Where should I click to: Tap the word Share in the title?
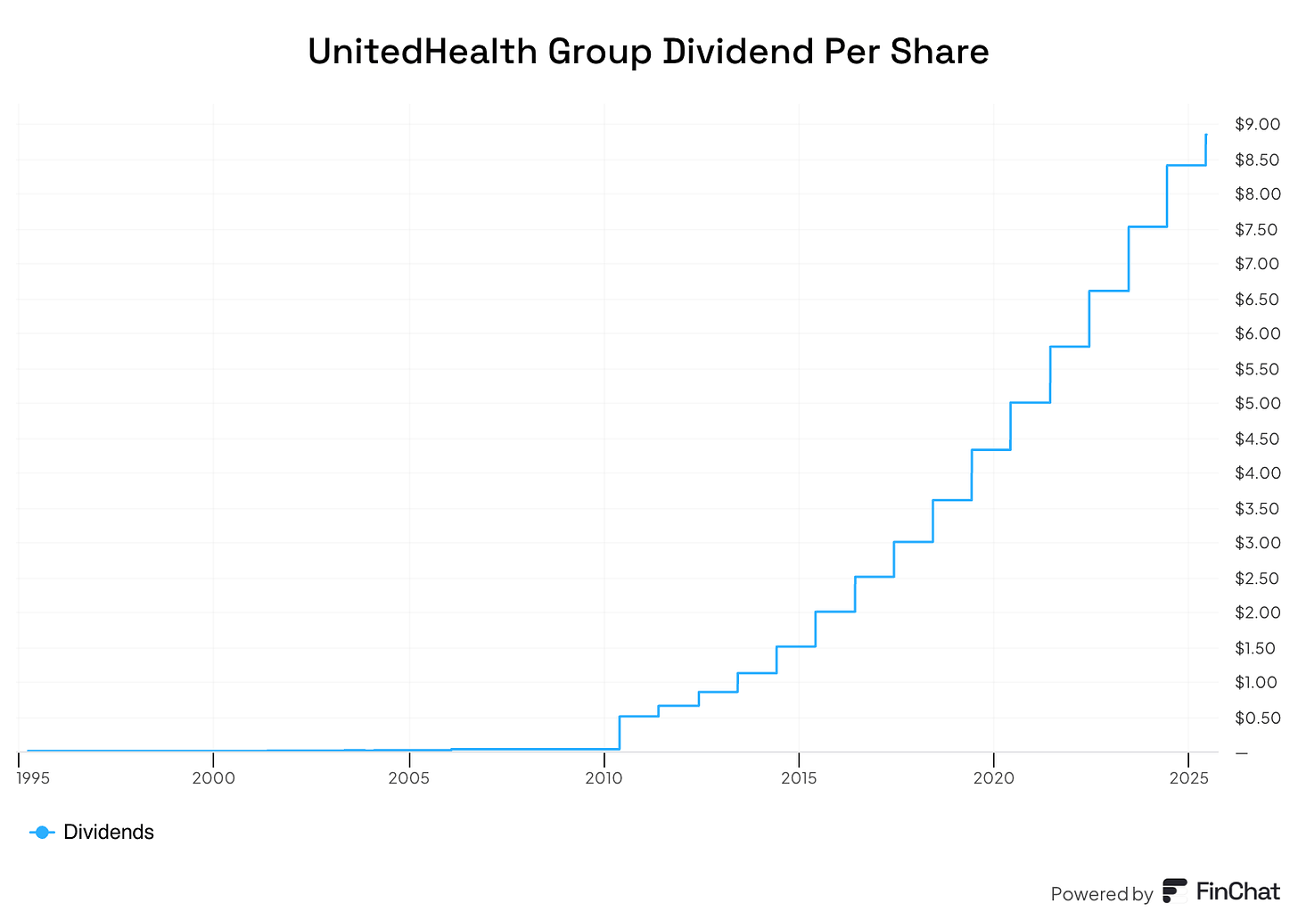[950, 52]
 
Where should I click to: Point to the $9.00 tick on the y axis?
[1257, 125]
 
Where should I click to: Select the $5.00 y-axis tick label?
[1257, 404]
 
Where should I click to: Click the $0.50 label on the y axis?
[1257, 718]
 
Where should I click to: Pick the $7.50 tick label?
[1257, 230]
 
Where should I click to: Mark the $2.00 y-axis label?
[1257, 613]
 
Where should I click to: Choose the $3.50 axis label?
[1257, 509]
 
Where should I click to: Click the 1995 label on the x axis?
[34, 778]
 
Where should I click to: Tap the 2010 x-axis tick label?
[604, 778]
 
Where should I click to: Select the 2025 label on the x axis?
[1188, 778]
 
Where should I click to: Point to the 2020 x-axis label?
[994, 778]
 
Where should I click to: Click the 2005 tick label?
[409, 778]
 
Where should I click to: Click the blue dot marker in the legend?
[41, 832]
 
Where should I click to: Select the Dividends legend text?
[109, 832]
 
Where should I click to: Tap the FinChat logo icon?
[1175, 891]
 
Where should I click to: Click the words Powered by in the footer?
[1101, 894]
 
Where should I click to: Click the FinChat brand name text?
[1237, 891]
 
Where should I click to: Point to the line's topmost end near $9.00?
[1206, 135]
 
